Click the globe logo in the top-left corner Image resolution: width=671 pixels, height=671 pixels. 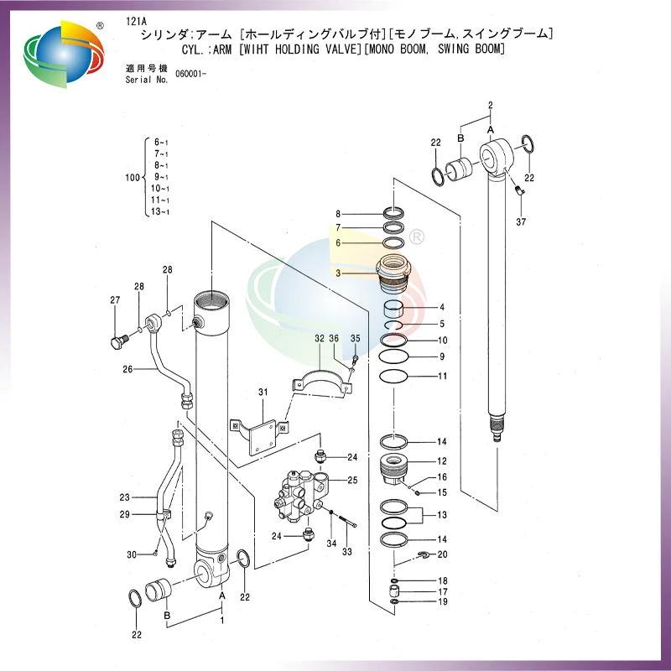64,54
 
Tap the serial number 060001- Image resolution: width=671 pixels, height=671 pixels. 191,74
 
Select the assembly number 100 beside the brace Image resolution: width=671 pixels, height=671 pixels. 133,177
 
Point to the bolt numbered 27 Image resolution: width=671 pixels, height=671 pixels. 118,341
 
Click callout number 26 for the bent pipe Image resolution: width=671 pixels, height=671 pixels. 127,369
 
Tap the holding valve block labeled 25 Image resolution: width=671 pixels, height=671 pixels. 300,494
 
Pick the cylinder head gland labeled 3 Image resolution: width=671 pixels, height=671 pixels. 393,273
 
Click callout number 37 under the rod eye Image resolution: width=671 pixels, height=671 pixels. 521,221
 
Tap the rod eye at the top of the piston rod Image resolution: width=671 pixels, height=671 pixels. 496,156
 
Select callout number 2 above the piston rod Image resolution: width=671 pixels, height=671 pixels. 491,106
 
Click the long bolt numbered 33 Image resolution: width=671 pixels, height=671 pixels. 348,521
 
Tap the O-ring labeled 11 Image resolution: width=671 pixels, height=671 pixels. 393,376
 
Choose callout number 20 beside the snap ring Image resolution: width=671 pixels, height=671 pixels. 442,554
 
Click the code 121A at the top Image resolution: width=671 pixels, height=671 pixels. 136,22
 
